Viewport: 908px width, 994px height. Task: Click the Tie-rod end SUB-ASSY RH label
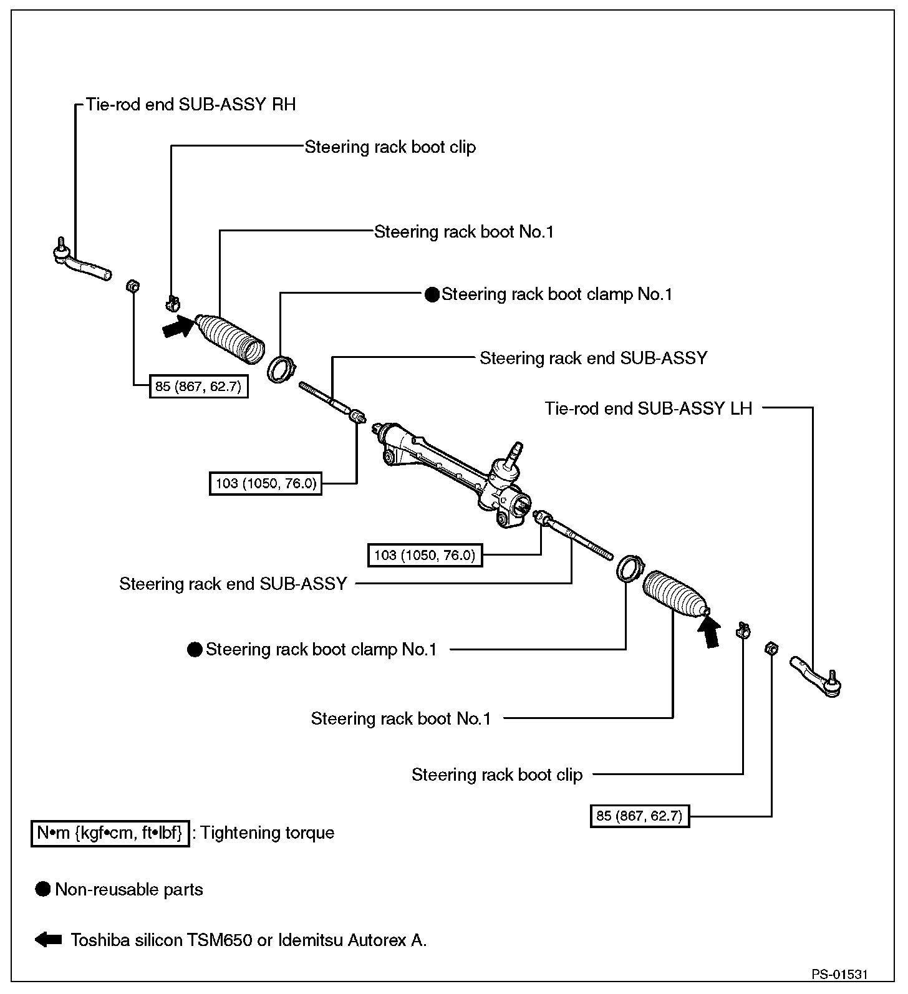coord(191,104)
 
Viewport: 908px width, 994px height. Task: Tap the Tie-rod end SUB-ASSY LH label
coord(649,408)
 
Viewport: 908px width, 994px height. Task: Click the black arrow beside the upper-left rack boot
coord(177,327)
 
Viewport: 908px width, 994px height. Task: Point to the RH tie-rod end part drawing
coord(81,263)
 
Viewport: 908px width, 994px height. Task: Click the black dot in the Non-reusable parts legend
coord(42,889)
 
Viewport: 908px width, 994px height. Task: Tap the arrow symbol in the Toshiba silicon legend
coord(48,940)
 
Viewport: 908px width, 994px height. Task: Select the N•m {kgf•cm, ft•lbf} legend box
coord(110,833)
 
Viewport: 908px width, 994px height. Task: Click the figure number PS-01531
coord(839,974)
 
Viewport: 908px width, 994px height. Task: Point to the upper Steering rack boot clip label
coord(390,147)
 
